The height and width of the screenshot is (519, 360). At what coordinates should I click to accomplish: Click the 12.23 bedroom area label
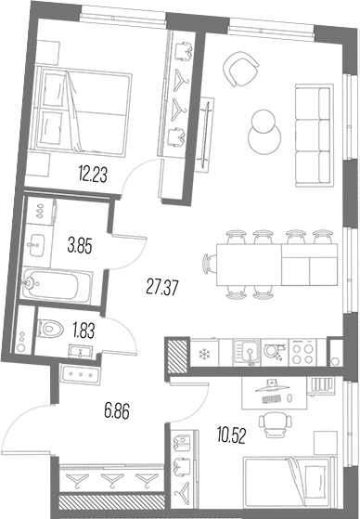tap(93, 175)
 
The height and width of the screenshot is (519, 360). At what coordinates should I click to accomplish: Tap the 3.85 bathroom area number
tap(80, 247)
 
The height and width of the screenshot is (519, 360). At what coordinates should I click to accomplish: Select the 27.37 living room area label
tap(162, 287)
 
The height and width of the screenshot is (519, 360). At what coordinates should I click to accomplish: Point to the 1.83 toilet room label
tap(84, 331)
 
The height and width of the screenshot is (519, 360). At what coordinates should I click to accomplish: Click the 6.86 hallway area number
tap(117, 411)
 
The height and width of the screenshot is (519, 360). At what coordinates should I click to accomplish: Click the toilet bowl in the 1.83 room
tap(51, 329)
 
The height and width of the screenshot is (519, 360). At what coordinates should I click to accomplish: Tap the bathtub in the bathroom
tap(58, 285)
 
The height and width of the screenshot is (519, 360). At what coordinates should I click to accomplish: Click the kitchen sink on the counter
tap(247, 353)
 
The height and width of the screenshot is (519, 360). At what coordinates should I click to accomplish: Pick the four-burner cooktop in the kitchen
tap(302, 353)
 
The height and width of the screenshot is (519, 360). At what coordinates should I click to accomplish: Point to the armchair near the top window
tap(240, 69)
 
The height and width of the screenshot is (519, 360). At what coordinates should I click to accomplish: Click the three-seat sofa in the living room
tap(314, 136)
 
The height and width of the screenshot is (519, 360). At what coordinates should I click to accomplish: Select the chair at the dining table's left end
tap(209, 265)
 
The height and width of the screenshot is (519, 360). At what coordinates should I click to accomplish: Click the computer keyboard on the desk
tap(272, 399)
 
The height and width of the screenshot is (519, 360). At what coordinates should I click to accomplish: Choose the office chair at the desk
tap(275, 425)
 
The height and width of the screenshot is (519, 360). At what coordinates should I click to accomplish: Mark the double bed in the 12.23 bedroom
tap(84, 111)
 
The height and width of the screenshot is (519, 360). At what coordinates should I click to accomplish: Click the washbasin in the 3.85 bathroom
tap(37, 245)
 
